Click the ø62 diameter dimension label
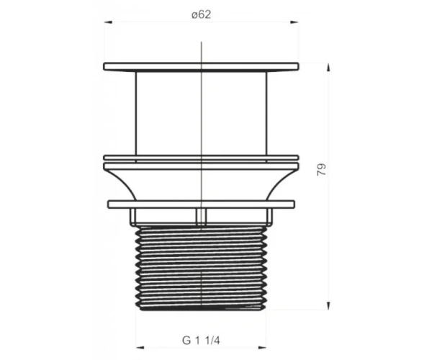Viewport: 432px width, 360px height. (x=201, y=14)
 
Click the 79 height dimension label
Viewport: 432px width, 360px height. (x=322, y=170)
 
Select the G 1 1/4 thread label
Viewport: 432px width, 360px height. (x=201, y=341)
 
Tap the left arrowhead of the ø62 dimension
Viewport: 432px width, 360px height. (x=108, y=22)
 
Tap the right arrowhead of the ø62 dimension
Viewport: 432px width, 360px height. (x=294, y=22)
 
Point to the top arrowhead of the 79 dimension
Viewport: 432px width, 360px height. (x=328, y=67)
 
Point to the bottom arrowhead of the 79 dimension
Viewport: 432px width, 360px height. (x=328, y=306)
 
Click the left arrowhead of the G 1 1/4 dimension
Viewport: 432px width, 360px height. (x=140, y=348)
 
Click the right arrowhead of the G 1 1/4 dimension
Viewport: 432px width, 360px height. (x=262, y=348)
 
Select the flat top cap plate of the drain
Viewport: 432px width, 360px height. (x=201, y=67)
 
